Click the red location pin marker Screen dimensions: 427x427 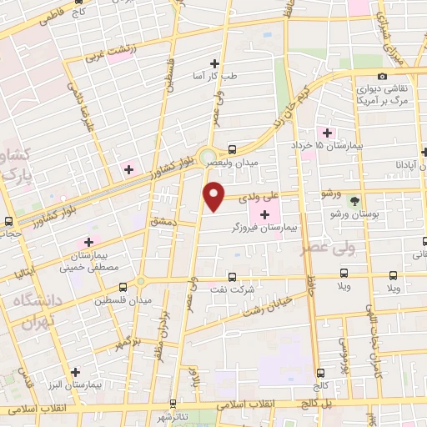(x=214, y=195)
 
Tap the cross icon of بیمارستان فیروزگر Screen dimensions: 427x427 (x=265, y=214)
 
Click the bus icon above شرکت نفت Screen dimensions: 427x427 (x=231, y=276)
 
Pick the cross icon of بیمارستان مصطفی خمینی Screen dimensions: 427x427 (x=88, y=242)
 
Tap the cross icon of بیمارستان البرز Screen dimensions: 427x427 (x=76, y=372)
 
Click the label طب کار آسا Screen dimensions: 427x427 (x=215, y=76)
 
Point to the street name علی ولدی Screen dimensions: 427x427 (x=254, y=198)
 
